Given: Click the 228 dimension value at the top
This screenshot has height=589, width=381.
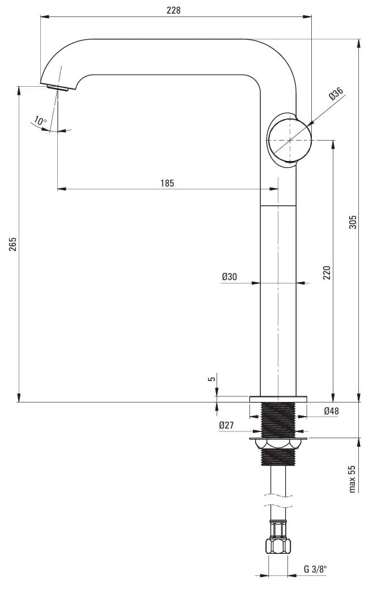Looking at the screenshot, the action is pos(173,10).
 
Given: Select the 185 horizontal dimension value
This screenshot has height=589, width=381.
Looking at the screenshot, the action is pos(167,183).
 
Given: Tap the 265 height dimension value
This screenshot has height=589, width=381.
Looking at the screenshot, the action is pos(13,244).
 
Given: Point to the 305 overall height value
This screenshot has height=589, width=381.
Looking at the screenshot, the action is pos(353,222).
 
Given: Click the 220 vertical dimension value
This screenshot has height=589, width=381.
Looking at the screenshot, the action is pos(327,273).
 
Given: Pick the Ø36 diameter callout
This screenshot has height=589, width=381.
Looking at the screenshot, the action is pos(336,94).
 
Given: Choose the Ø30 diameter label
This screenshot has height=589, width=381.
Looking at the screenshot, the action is pos(229,277).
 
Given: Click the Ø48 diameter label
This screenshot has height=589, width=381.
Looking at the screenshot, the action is pos(331,411).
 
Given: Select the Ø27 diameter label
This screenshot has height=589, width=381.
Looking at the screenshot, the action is pos(226,425).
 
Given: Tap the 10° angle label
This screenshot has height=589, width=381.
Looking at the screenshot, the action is pos(40,121).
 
